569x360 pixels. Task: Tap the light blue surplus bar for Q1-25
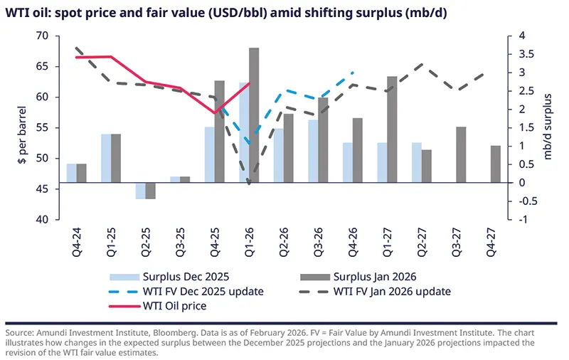click(x=106, y=158)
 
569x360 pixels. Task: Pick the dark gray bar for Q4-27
click(x=496, y=164)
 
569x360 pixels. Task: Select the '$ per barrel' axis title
click(x=21, y=128)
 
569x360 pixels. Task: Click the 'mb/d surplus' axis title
click(x=548, y=128)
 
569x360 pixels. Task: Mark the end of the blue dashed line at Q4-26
click(x=353, y=73)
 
